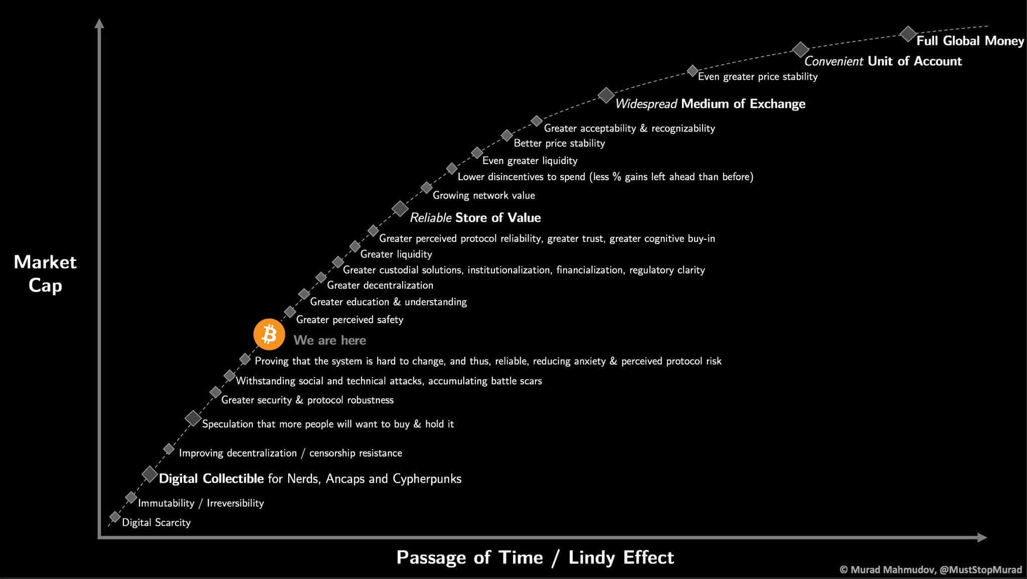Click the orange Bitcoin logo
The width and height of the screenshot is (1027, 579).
[x=269, y=334]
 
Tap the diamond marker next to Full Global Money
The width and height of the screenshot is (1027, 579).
[x=908, y=34]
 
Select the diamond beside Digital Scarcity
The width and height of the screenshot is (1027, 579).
[x=115, y=517]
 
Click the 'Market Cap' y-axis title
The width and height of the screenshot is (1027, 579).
[x=45, y=273]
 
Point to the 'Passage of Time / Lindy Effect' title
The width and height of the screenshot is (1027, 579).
[x=535, y=557]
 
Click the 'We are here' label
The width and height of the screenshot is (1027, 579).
[x=329, y=340]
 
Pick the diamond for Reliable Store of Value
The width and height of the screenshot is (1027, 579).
[x=400, y=208]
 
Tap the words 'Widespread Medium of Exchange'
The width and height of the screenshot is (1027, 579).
[x=710, y=104]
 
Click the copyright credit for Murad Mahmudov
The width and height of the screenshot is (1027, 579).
[x=931, y=569]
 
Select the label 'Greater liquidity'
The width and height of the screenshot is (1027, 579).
[x=396, y=254]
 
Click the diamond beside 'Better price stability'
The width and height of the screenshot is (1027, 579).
[x=507, y=135]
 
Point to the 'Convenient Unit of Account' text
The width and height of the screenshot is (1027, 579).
[x=883, y=61]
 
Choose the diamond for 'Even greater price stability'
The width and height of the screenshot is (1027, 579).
[x=692, y=71]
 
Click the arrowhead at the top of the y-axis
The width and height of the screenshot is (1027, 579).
[x=99, y=23]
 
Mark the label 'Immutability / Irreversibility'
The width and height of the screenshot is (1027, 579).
[x=201, y=503]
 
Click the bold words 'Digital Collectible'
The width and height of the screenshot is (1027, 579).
[x=211, y=479]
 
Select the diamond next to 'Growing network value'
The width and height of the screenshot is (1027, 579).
[x=426, y=188]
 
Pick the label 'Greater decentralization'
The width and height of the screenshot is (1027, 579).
[x=380, y=285]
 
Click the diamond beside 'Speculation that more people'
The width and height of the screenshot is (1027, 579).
[x=193, y=418]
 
